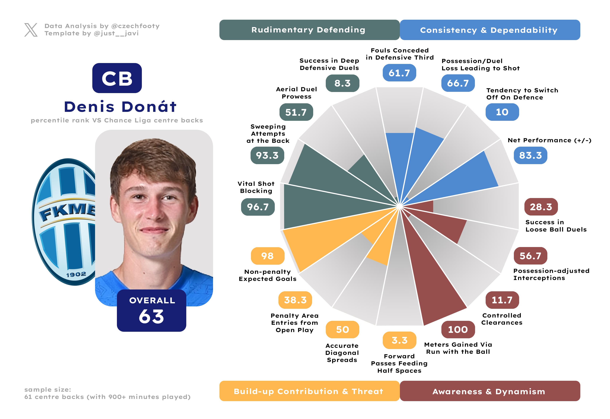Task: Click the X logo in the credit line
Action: click(x=31, y=30)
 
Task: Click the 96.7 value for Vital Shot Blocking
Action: click(x=258, y=207)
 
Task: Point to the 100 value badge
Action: click(x=458, y=330)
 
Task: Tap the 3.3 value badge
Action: click(x=399, y=340)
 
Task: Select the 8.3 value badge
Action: click(x=342, y=83)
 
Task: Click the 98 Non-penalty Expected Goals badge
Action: click(x=267, y=256)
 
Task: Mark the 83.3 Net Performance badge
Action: click(x=530, y=155)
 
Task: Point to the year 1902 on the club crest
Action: click(x=76, y=275)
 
